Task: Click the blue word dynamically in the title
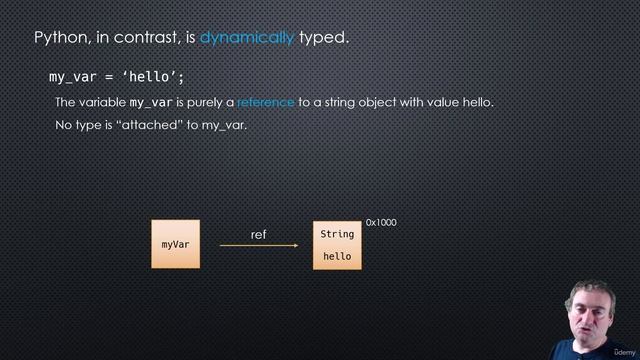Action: pos(246,38)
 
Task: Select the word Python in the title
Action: pos(63,38)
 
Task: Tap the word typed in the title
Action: pos(323,38)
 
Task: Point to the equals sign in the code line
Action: pos(110,77)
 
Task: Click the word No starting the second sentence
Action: pos(64,126)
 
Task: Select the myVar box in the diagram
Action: pos(175,244)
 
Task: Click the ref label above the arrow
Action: pos(258,234)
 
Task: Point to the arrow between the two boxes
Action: pos(258,245)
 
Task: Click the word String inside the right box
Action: pos(337,234)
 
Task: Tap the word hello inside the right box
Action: pos(337,257)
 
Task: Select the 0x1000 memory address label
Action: pos(381,222)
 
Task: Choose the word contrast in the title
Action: pos(144,38)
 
